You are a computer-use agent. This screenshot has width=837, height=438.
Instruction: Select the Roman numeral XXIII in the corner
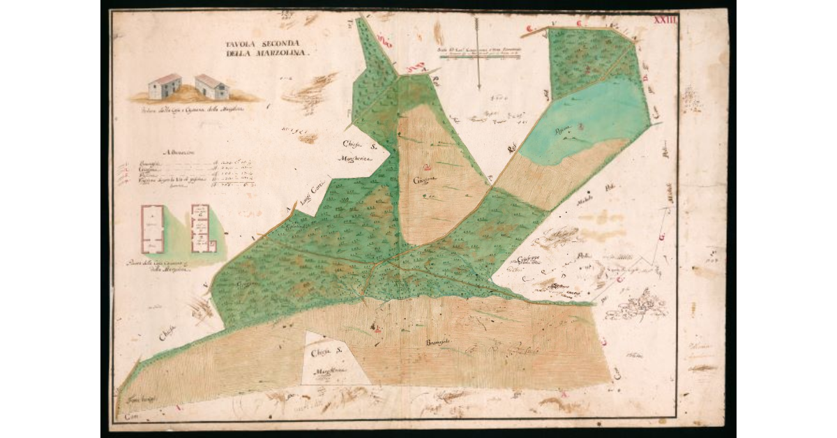point(664,20)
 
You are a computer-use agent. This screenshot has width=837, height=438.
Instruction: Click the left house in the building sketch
point(165,86)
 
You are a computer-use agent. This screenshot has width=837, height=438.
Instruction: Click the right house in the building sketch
point(211,86)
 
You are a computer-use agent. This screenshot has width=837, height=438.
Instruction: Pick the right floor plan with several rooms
point(201,228)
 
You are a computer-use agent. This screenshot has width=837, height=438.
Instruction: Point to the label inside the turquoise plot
point(563,128)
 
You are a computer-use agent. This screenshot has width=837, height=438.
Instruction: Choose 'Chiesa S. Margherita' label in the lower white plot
point(329,361)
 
